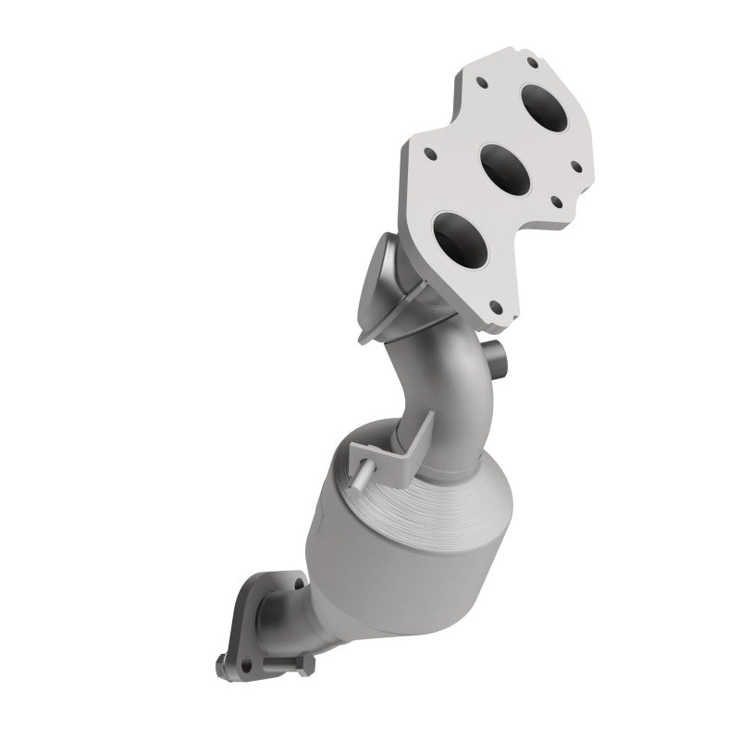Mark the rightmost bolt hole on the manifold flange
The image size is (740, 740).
(576, 166)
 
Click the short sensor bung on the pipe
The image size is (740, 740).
(497, 354)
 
